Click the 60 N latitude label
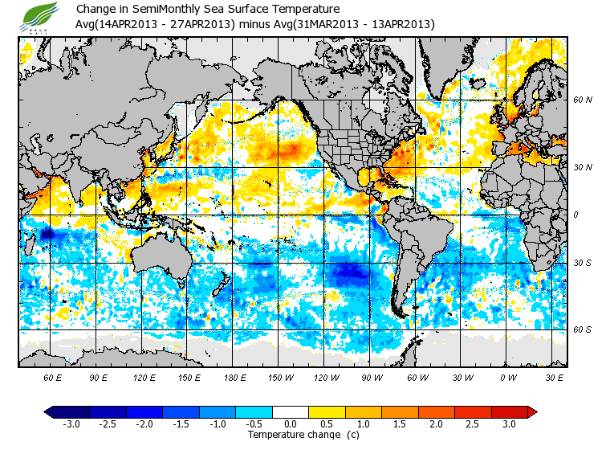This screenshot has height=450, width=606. [583, 100]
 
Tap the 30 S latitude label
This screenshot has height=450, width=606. [583, 263]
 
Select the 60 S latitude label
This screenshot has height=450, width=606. [583, 329]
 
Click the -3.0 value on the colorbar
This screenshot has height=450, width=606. [71, 423]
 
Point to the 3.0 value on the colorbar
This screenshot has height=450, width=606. [509, 423]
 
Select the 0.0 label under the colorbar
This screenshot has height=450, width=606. [291, 423]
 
